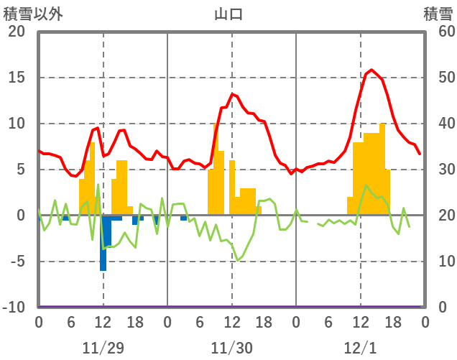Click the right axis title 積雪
438,13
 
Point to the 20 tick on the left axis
17,32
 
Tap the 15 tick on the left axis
17,78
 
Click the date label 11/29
103,348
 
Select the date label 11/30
231,348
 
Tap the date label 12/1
360,348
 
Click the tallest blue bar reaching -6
103,244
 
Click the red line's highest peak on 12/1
371,70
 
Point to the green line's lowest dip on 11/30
238,260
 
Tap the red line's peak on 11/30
232,93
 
